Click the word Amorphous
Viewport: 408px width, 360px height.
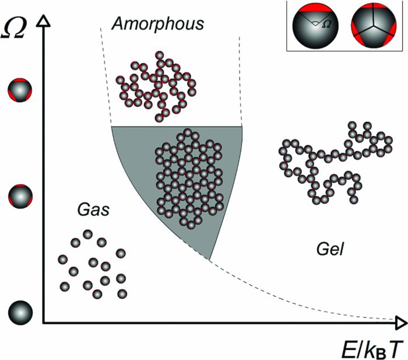159,23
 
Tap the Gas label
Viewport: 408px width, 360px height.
93,209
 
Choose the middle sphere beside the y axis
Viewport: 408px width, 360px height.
20,195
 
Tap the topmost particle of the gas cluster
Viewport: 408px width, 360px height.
87,235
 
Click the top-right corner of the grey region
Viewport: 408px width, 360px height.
241,127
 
